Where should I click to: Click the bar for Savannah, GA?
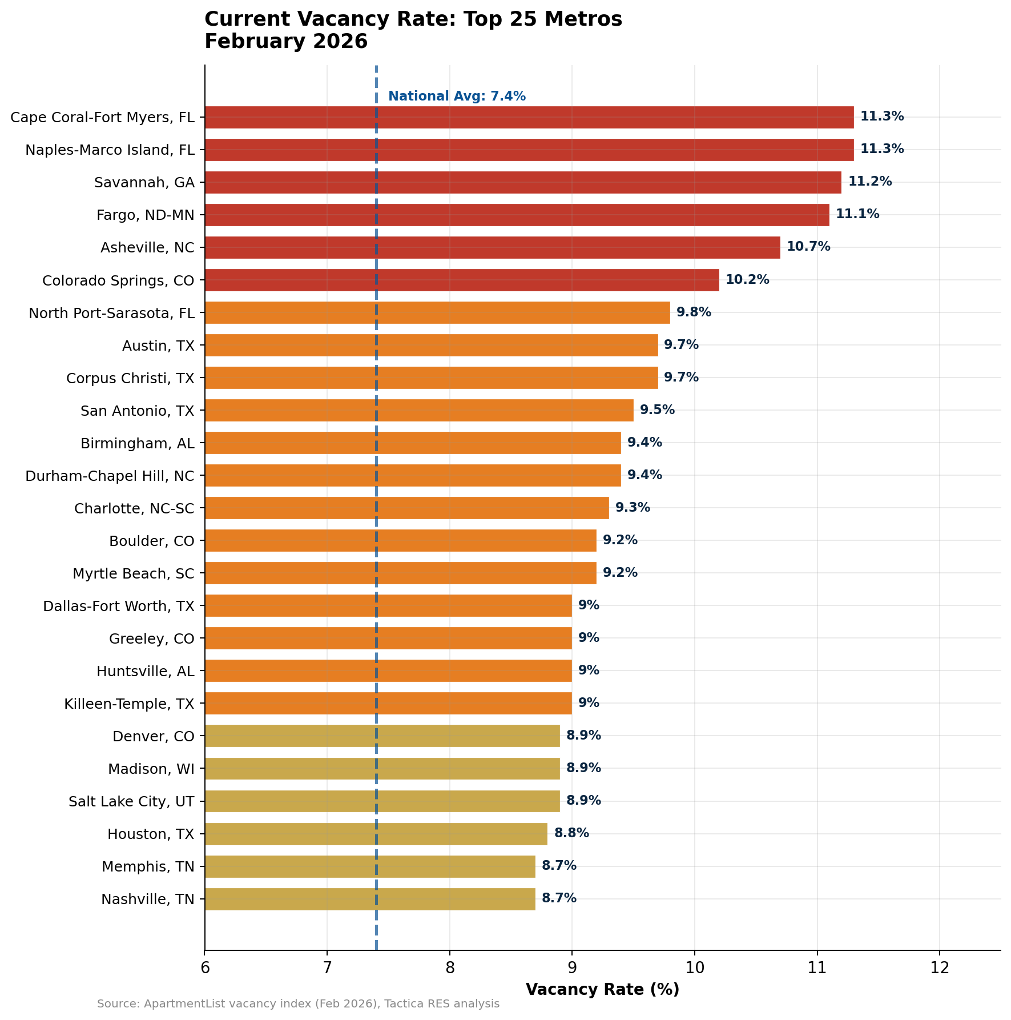point(522,182)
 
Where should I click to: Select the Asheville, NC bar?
point(492,247)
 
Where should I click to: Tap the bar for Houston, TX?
point(376,834)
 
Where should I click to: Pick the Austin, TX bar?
point(431,345)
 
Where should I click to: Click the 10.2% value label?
point(747,280)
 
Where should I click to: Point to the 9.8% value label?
point(694,312)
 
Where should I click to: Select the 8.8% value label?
point(571,833)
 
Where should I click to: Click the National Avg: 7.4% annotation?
point(457,97)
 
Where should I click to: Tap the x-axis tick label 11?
point(817,967)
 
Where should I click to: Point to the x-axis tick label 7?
point(327,967)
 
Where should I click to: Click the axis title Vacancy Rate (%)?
point(602,989)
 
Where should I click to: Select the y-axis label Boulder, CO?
point(152,541)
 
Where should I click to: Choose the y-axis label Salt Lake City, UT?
point(131,801)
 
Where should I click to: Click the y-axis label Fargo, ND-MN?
point(146,215)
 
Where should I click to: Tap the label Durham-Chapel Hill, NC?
point(110,476)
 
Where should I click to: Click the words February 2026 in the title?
point(286,42)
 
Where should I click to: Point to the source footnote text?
point(298,1004)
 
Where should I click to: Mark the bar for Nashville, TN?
point(370,899)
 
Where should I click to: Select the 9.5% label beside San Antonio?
point(657,410)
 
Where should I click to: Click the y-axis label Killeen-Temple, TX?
point(129,704)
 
